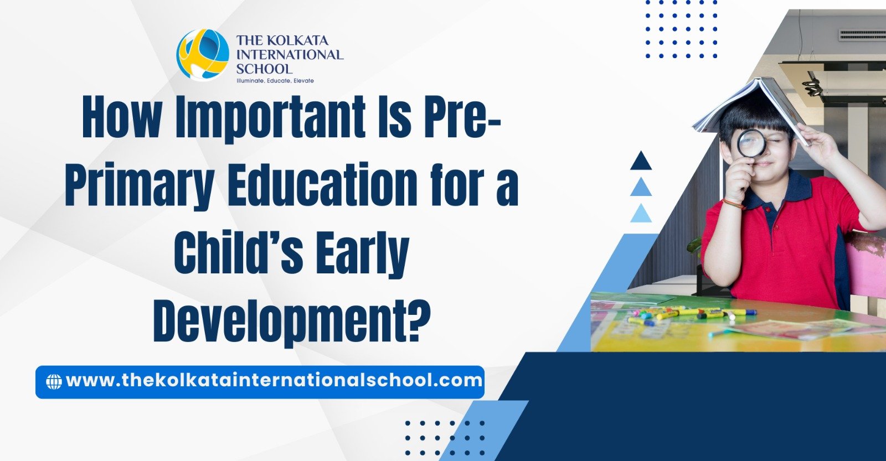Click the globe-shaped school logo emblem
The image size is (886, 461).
(203, 55)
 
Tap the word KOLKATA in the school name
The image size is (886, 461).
(297, 41)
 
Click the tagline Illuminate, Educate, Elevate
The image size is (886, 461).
(275, 81)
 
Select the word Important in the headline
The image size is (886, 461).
(270, 117)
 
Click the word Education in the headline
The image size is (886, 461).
(322, 185)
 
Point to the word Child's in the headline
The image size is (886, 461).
(239, 251)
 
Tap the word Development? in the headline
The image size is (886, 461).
(291, 319)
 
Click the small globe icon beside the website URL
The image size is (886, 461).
(54, 381)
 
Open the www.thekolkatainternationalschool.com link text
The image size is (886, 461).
(274, 380)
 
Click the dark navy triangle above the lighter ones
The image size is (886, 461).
(641, 161)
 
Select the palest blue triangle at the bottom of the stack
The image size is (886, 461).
(641, 214)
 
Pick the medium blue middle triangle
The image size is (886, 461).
(641, 187)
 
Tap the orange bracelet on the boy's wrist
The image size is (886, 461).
(733, 203)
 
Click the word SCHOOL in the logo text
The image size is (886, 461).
(264, 69)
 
